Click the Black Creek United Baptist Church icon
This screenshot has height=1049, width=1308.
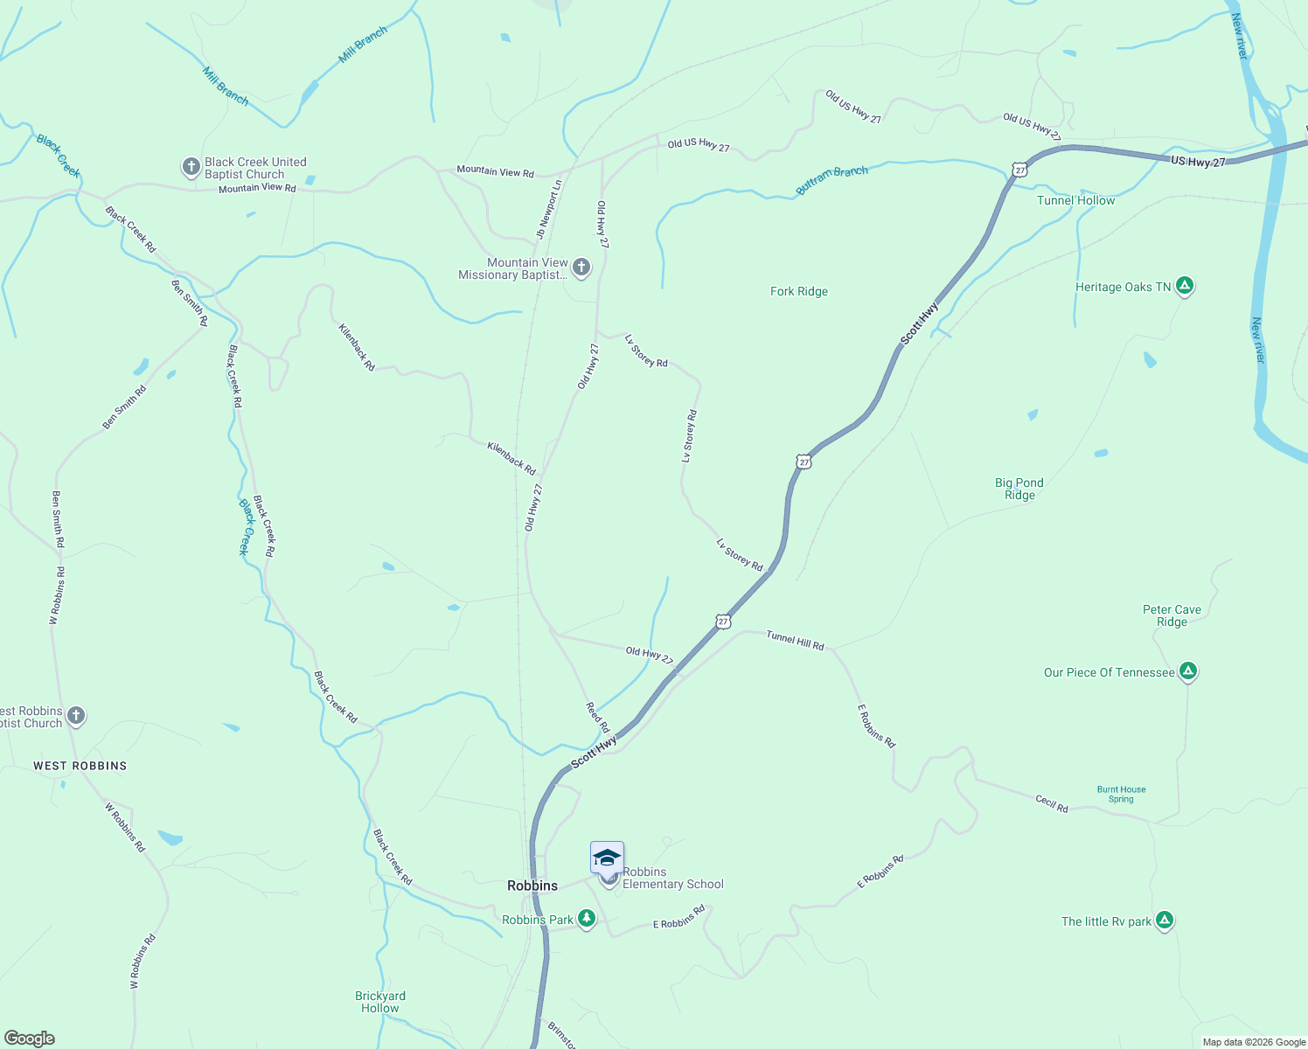click(x=191, y=167)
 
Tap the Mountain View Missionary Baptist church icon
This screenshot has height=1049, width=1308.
click(x=581, y=267)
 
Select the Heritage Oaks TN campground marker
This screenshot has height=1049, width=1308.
click(x=1185, y=286)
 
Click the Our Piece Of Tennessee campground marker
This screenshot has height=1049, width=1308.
click(x=1187, y=671)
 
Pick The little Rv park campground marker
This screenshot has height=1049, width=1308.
click(x=1164, y=920)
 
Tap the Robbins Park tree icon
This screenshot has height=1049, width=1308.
click(x=587, y=919)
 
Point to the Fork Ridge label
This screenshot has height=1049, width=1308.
click(x=798, y=291)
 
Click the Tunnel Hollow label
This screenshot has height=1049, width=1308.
click(x=1075, y=200)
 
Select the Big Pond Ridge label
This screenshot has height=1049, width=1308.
click(x=1019, y=489)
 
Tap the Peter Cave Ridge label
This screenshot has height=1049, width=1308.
click(x=1172, y=615)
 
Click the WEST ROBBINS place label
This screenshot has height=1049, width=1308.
click(x=80, y=766)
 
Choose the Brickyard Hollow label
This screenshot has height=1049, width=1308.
click(x=380, y=1002)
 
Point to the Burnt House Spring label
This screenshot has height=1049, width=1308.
click(x=1121, y=794)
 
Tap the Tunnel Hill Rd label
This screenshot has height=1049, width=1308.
click(x=795, y=640)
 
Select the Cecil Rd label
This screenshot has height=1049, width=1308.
click(x=1052, y=803)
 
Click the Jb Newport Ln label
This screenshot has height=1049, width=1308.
click(x=549, y=210)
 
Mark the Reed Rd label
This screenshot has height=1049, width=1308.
click(x=598, y=717)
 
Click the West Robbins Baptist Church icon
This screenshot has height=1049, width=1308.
click(x=76, y=716)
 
